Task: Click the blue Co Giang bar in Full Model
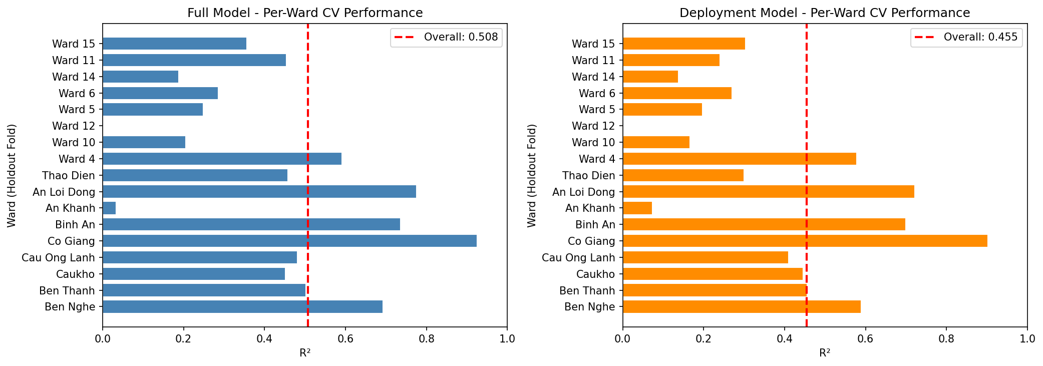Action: click(289, 241)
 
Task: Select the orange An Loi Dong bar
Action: click(768, 192)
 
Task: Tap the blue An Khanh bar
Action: click(109, 208)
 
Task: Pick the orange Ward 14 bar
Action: click(650, 77)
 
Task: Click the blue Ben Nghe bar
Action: click(242, 306)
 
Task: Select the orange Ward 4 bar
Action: click(739, 159)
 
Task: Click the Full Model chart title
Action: click(305, 13)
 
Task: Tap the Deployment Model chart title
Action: click(825, 13)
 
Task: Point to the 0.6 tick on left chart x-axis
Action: click(345, 338)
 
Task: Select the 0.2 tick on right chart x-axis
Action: click(704, 338)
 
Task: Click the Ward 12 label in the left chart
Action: click(74, 126)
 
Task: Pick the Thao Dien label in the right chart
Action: click(588, 175)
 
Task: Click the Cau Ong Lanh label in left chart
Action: click(58, 257)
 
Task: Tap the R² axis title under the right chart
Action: click(825, 353)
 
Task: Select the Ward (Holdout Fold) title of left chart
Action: click(12, 175)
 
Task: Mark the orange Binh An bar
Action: click(764, 224)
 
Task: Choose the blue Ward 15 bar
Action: click(174, 44)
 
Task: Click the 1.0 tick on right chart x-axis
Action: click(1027, 338)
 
